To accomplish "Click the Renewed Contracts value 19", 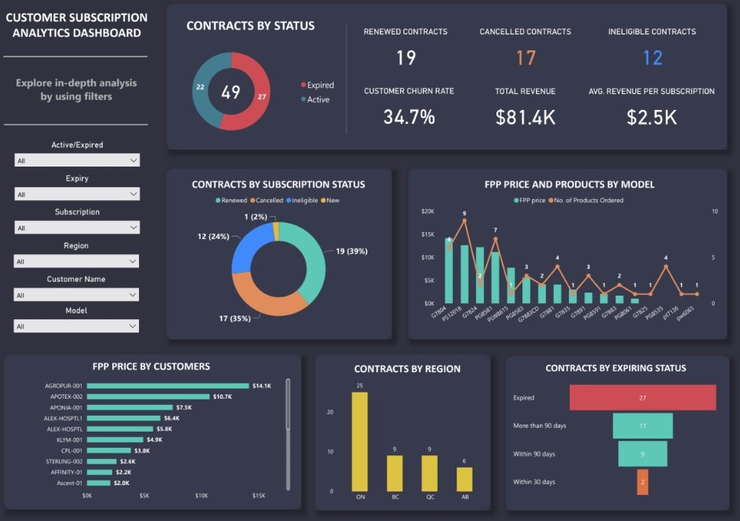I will [406, 58].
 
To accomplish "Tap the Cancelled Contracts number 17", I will [525, 58].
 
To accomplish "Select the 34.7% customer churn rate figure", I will [409, 117].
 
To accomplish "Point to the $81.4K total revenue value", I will [525, 117].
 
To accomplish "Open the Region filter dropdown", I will [76, 261].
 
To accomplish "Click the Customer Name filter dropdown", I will [76, 295].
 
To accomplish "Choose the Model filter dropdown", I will [76, 326].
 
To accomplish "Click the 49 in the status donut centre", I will [231, 92].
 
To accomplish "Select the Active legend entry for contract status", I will [318, 99].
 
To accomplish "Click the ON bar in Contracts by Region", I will [360, 442].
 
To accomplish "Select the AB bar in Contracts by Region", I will [464, 479].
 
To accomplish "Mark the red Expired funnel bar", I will [642, 397].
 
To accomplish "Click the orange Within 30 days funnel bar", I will [642, 482].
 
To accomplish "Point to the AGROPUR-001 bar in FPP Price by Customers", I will [167, 386].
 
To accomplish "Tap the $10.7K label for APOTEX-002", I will [222, 396].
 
